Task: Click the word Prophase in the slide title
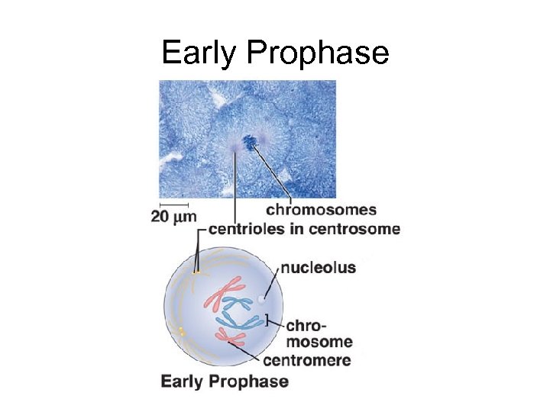(319, 53)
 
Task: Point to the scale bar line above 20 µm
(174, 204)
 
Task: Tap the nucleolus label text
(319, 268)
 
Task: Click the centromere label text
(306, 360)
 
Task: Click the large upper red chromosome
(222, 294)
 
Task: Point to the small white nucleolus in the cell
(262, 300)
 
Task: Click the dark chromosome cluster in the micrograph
(249, 142)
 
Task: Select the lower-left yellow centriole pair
(181, 330)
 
